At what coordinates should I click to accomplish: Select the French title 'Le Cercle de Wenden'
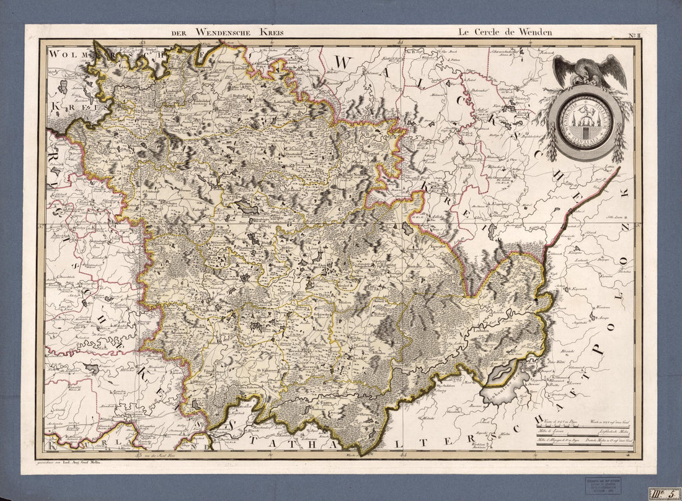click(505, 32)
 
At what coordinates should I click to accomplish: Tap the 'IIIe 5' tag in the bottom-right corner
click(664, 494)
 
